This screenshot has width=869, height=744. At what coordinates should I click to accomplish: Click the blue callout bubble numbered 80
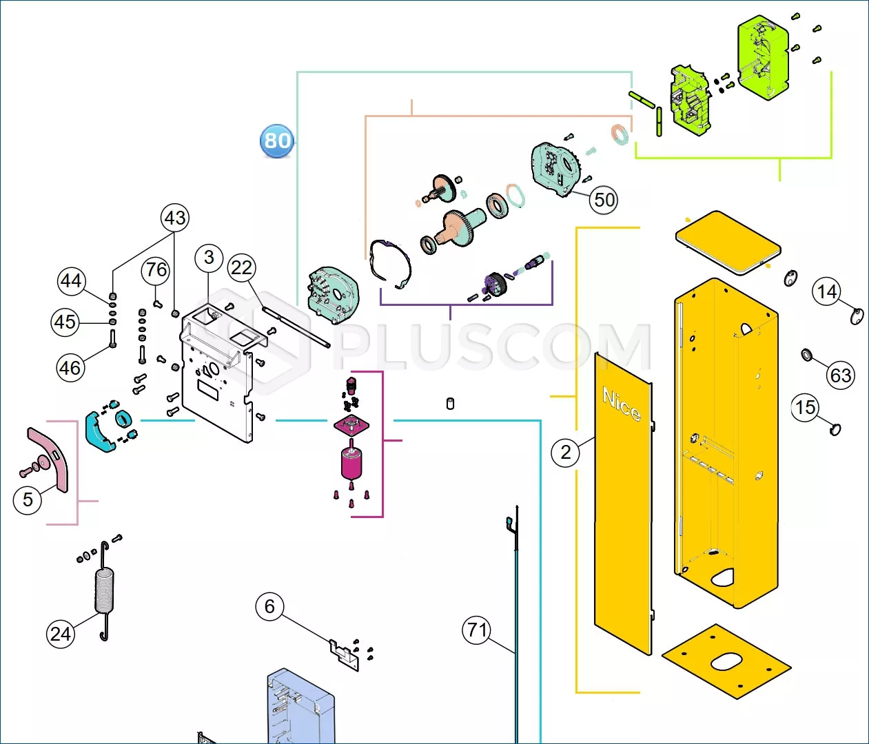(x=276, y=141)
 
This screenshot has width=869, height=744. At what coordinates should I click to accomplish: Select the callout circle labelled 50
(x=604, y=200)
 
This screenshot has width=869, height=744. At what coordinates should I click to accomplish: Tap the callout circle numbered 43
(x=175, y=218)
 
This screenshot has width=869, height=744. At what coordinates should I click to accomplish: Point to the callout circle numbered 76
(x=156, y=270)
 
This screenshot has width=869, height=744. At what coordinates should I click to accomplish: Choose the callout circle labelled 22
(x=241, y=268)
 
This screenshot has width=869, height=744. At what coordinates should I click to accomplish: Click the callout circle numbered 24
(x=61, y=634)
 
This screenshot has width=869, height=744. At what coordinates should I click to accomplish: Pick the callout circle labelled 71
(x=477, y=630)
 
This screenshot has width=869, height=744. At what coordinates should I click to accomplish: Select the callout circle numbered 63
(x=841, y=375)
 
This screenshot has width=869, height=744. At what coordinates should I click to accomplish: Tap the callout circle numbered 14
(x=827, y=291)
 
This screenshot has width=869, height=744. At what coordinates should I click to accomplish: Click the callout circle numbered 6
(x=270, y=606)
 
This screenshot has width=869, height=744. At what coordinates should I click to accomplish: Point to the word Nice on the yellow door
(x=622, y=404)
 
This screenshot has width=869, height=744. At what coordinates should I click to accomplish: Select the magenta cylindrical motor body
(x=351, y=463)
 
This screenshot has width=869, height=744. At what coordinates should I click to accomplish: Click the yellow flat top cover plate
(x=728, y=243)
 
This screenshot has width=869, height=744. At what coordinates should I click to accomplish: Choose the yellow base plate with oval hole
(x=726, y=661)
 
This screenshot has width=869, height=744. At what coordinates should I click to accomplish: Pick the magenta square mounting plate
(x=351, y=425)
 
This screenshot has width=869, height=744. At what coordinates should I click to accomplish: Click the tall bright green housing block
(x=763, y=58)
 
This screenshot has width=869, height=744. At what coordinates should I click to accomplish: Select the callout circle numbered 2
(x=566, y=453)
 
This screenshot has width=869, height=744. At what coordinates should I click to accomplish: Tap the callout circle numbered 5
(x=28, y=499)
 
